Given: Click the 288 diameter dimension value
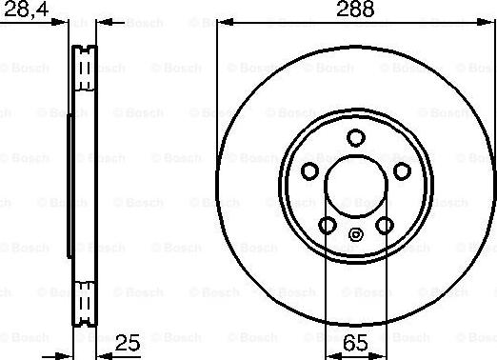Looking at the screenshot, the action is (355, 9).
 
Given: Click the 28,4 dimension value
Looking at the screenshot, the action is (27, 9).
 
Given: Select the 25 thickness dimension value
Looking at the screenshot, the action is (128, 343).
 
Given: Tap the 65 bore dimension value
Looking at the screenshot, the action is (355, 343).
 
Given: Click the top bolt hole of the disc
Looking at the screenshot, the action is (356, 137).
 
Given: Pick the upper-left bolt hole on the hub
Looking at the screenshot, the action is (309, 171).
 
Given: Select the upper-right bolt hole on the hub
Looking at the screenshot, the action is (402, 171).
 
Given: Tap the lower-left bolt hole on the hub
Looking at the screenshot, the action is (328, 226).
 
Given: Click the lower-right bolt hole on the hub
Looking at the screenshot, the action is (385, 226).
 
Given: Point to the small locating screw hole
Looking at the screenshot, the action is (356, 235).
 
